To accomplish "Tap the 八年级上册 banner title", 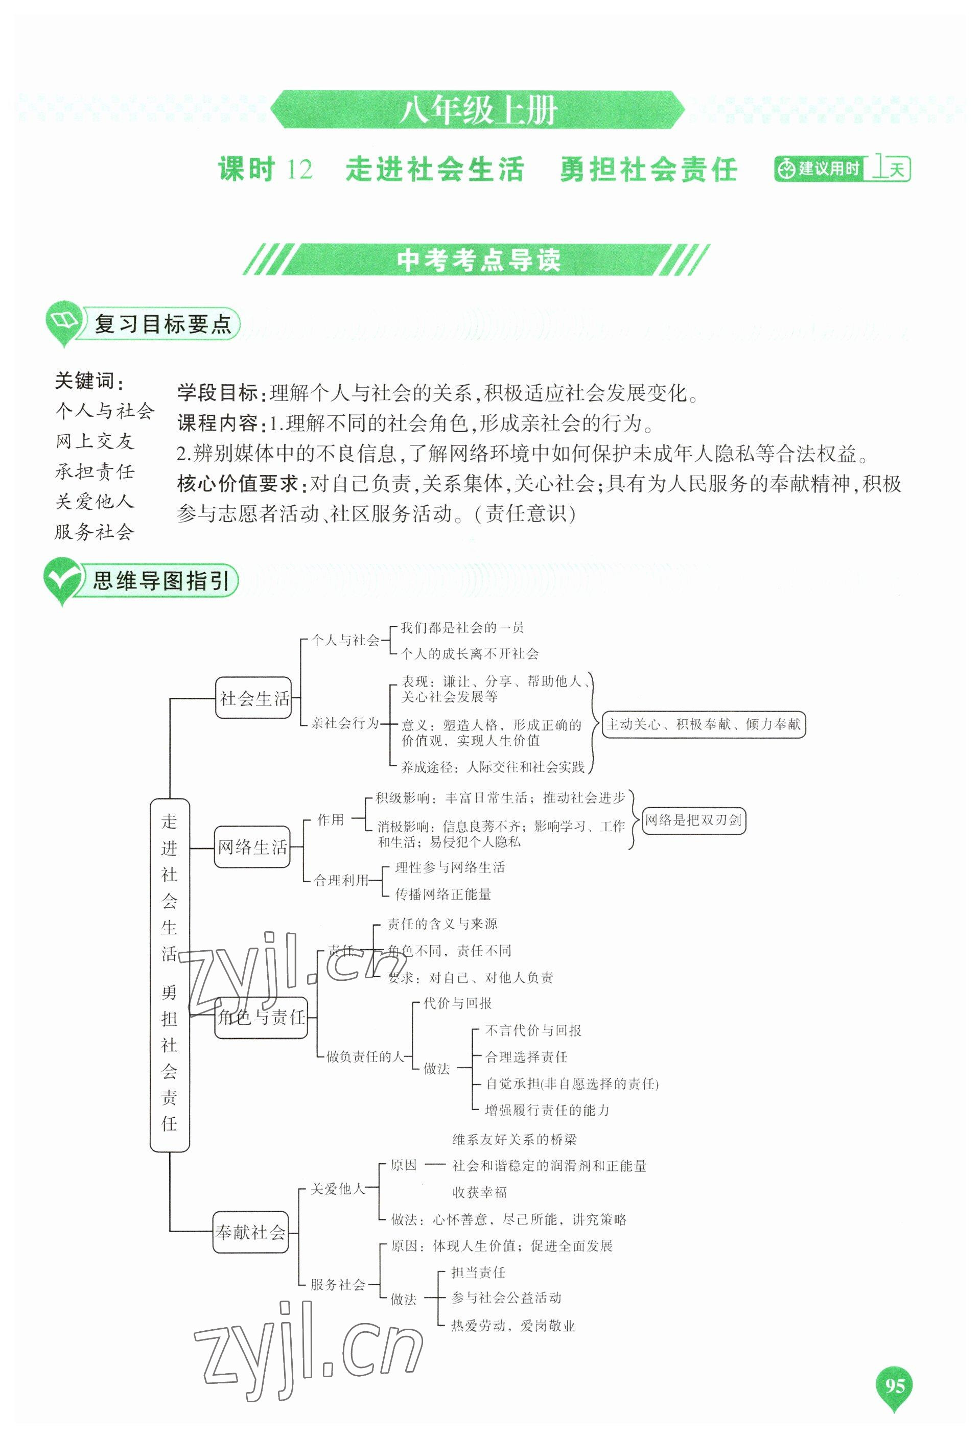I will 478,111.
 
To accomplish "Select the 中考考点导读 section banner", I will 478,260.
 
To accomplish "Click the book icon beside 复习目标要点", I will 64,320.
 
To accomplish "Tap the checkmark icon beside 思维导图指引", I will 62,579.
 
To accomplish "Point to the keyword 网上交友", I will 95,441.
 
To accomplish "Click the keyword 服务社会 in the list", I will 95,532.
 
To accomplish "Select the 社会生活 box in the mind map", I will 253,698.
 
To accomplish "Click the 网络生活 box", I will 252,847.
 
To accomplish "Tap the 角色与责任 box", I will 261,1017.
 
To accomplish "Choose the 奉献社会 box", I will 250,1232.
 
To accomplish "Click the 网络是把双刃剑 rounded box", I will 693,820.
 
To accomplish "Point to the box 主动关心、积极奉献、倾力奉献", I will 704,724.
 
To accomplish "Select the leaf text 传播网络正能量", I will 444,894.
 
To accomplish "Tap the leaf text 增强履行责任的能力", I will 547,1110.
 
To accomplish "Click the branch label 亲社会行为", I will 344,723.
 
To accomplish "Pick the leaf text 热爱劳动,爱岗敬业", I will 512,1325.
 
